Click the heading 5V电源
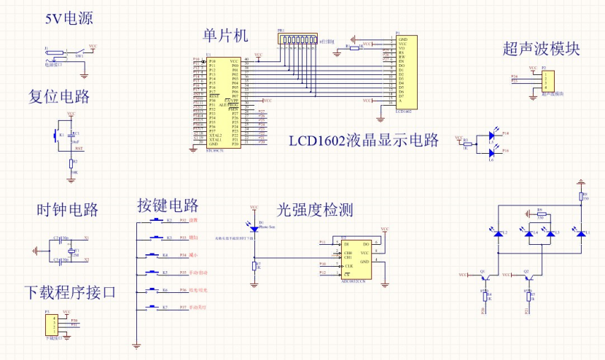(x=69, y=18)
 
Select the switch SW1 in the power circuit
(x=78, y=51)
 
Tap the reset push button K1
(x=56, y=135)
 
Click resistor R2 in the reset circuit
(x=71, y=163)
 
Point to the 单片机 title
(x=226, y=35)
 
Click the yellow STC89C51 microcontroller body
(x=224, y=103)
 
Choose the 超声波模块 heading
(x=541, y=49)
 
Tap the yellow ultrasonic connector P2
(x=548, y=80)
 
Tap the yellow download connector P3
(x=50, y=324)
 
